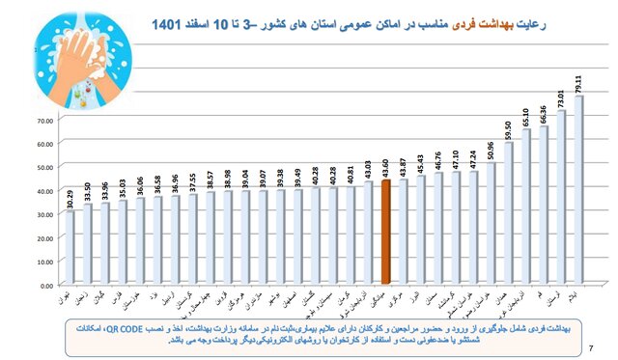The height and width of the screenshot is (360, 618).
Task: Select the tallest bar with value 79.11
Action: tap(577, 191)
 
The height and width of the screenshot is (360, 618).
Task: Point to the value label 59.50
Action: tap(508, 125)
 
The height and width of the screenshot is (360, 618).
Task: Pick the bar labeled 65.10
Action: tap(525, 208)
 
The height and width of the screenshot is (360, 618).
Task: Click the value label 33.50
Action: tap(87, 186)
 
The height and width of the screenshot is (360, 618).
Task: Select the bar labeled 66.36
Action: tap(543, 206)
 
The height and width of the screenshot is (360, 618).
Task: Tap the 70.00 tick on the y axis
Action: tap(45, 121)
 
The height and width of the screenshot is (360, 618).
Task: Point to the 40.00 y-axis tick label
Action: tap(45, 191)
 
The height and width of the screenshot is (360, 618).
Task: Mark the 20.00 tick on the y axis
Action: tap(45, 238)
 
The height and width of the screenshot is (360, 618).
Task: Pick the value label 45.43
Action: tap(420, 158)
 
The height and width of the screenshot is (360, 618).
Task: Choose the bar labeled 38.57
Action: tap(210, 238)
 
